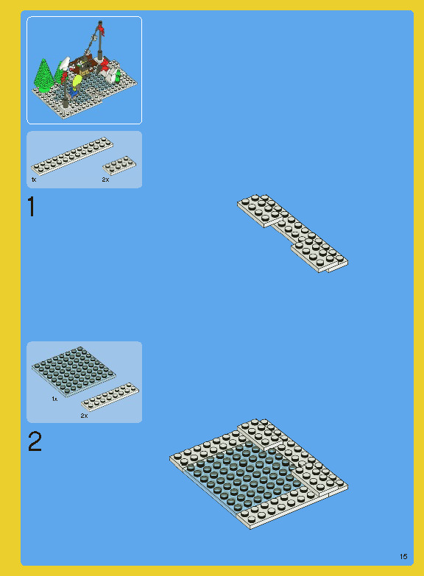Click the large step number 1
(x=32, y=206)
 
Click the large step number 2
(x=35, y=441)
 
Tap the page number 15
(x=403, y=556)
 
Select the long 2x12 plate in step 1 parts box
(x=72, y=156)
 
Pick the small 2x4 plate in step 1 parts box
(x=119, y=165)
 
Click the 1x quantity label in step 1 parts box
(x=34, y=179)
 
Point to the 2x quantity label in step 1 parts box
(x=105, y=179)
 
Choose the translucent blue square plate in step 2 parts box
(x=74, y=371)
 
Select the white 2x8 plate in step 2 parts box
(x=110, y=397)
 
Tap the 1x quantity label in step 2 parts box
(x=54, y=399)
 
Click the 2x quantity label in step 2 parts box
(x=84, y=416)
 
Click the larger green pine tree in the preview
(x=43, y=75)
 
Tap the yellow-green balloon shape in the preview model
(x=77, y=80)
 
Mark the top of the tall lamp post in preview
(x=99, y=23)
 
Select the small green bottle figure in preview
(x=118, y=76)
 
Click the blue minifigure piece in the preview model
(x=74, y=91)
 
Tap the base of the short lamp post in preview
(x=66, y=103)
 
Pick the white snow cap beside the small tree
(x=65, y=63)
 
